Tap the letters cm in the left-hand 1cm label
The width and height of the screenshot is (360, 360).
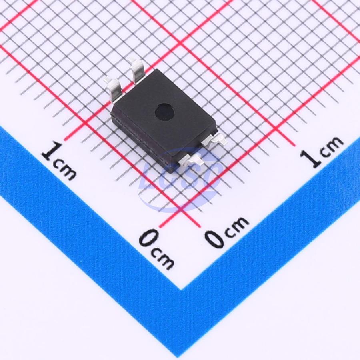[64, 170]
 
